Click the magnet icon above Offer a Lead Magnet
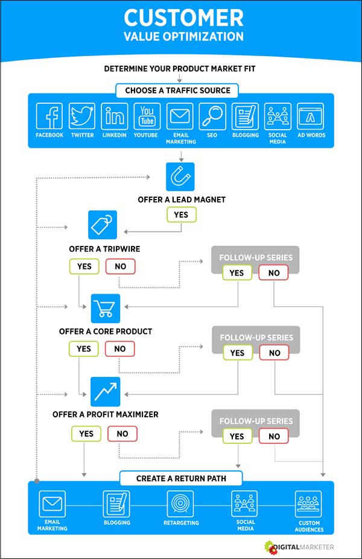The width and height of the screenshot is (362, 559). point(180,177)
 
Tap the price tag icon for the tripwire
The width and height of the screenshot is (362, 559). point(103,225)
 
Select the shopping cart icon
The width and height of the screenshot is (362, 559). point(106,308)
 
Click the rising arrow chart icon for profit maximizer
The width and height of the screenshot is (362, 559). point(106,391)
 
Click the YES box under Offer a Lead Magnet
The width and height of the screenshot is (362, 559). point(181,214)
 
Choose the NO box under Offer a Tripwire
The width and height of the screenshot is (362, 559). point(121,266)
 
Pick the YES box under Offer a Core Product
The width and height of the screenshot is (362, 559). point(84,349)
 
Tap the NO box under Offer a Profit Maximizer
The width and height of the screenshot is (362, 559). point(122,433)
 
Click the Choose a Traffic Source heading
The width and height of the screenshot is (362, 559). point(178,90)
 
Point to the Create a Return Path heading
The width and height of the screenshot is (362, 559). point(181,478)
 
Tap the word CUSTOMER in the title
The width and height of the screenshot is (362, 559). point(183,17)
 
